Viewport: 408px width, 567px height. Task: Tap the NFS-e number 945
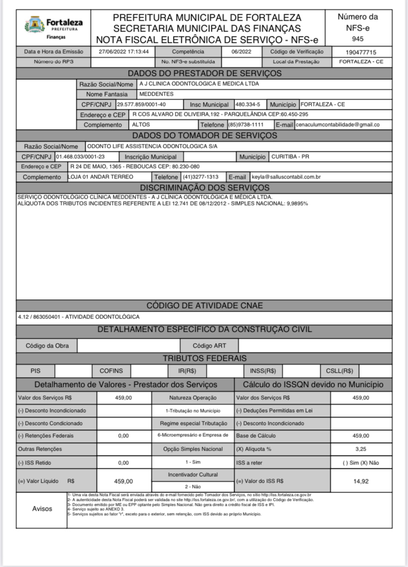point(358,38)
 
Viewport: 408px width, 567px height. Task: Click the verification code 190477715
point(361,52)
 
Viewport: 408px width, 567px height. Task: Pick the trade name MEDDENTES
point(156,94)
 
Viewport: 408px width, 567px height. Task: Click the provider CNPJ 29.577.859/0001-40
point(141,105)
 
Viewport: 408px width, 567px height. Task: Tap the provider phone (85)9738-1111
point(249,125)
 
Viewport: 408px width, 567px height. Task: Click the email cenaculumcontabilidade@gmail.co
point(337,125)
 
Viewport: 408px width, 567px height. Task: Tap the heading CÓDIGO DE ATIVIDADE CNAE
point(204,306)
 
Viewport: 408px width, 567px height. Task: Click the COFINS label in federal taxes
point(111,371)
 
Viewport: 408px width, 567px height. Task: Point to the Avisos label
point(42,508)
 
